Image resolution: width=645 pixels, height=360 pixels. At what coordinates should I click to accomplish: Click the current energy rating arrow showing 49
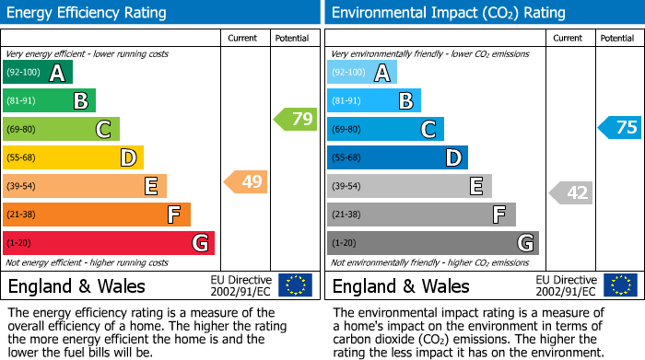[246, 182]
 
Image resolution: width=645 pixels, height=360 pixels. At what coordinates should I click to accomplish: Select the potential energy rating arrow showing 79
[295, 119]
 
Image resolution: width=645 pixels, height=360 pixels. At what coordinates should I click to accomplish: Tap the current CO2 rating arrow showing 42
[570, 192]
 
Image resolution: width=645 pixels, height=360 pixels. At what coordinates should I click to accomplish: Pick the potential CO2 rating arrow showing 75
[619, 128]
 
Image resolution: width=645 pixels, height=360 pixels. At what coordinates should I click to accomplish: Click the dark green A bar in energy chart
[37, 73]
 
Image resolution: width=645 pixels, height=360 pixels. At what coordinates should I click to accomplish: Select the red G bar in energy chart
[108, 243]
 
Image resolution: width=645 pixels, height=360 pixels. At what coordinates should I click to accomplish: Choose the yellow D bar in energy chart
[73, 158]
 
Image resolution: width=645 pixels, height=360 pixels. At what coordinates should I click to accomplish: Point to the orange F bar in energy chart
[96, 215]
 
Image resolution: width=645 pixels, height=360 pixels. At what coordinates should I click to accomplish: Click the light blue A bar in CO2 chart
[361, 73]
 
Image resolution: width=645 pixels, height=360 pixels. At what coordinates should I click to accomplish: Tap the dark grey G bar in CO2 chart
[432, 243]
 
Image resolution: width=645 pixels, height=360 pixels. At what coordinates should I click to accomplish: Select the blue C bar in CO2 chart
[385, 129]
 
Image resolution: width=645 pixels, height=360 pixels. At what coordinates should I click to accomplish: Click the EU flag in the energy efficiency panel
[295, 285]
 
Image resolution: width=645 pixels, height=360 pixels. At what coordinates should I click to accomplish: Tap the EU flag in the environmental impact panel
[620, 285]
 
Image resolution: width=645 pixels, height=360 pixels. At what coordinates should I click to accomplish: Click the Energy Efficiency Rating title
[88, 13]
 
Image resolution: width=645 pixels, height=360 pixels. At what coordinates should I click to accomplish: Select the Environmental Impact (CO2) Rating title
[448, 13]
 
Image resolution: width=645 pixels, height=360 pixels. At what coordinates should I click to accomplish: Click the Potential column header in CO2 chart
[617, 38]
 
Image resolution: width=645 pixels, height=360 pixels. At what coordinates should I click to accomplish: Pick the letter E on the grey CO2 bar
[476, 186]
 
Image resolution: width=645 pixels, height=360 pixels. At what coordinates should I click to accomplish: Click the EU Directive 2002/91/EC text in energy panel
[240, 285]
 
